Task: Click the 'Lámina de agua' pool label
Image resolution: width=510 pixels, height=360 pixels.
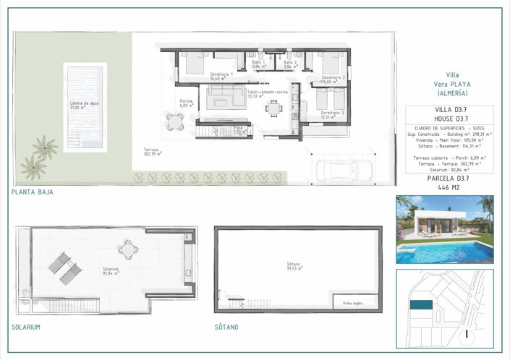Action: point(84,106)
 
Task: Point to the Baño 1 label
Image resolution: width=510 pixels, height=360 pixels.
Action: point(259,64)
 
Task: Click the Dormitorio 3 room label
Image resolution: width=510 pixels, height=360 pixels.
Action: point(331,114)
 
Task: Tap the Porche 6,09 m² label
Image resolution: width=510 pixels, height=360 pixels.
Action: point(187,103)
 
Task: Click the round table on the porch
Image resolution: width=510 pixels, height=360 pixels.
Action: point(174,119)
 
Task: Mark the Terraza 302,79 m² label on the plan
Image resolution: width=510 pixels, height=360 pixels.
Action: point(152,152)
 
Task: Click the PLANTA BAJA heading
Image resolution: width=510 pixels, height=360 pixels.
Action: point(32,192)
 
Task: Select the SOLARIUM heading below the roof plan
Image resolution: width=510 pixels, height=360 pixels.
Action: point(25,327)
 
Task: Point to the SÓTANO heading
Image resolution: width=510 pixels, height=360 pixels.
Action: point(226,327)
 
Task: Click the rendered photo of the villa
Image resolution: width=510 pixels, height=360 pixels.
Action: point(444,229)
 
